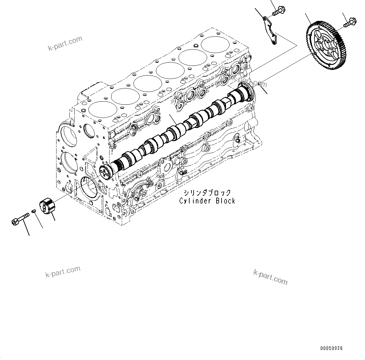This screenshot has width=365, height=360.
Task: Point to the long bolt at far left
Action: [x=20, y=219]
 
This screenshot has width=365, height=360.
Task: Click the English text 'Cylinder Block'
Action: [x=207, y=201]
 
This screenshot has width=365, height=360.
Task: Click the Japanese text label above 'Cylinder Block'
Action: [x=207, y=193]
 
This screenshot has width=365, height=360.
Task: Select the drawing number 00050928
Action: [x=331, y=348]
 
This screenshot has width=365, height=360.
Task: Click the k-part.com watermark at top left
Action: [x=65, y=43]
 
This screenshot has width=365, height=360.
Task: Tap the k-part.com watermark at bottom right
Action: [x=270, y=276]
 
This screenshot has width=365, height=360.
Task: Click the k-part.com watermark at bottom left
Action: [x=63, y=272]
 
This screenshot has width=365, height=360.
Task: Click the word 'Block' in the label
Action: [x=225, y=201]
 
